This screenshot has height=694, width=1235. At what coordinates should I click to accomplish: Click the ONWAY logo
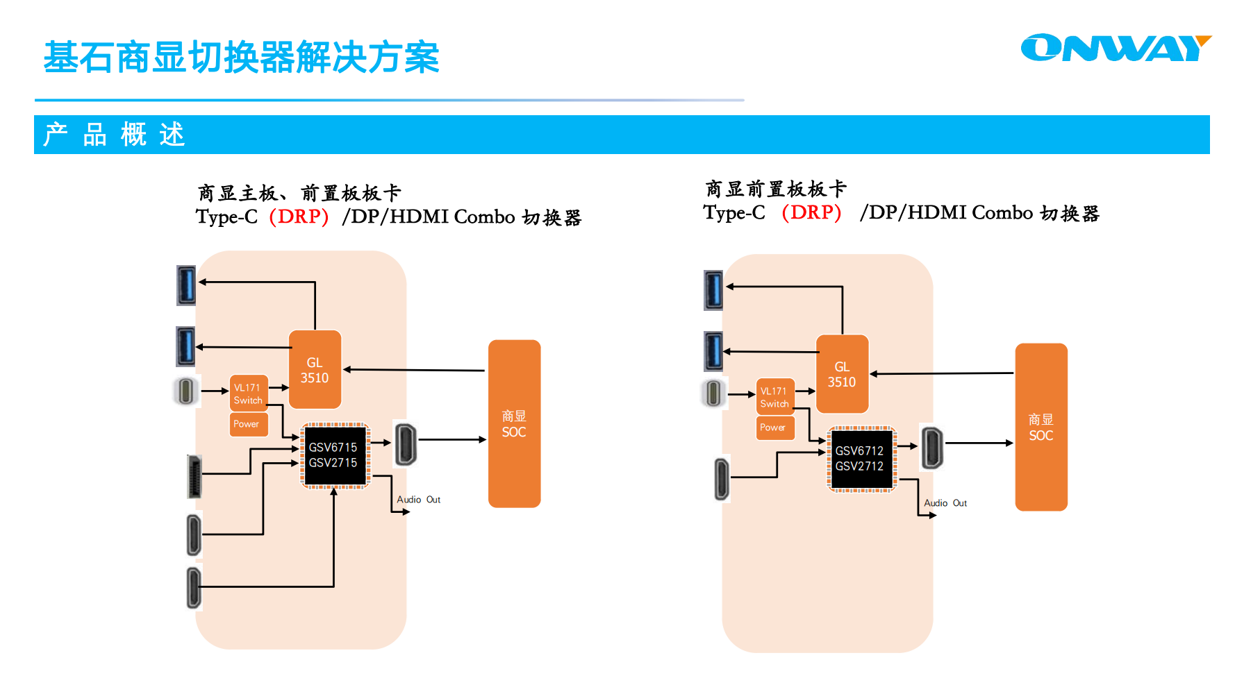coord(1116,49)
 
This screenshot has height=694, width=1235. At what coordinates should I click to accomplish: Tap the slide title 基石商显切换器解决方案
coord(241,57)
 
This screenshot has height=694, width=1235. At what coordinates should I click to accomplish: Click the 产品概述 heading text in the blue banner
coord(115,135)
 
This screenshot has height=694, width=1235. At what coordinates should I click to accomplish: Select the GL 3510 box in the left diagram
coord(315,370)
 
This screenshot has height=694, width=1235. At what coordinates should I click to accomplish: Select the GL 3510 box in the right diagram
coord(842,374)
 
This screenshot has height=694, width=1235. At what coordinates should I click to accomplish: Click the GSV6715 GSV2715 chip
coord(333,455)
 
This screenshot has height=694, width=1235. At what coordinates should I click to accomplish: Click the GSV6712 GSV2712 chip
coord(860,459)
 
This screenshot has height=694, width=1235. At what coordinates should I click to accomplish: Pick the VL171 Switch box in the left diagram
coord(248,393)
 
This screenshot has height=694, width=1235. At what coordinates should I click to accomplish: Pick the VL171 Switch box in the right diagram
coord(774,397)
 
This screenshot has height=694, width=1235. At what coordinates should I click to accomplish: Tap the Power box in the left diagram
coord(247,424)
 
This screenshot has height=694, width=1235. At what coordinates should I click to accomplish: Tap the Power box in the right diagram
coord(774,428)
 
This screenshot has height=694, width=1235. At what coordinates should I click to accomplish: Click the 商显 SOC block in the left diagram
coord(514,423)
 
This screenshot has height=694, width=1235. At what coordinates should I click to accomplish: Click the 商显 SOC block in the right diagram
coord(1041,427)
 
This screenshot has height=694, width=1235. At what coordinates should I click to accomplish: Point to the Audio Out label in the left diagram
coord(418,500)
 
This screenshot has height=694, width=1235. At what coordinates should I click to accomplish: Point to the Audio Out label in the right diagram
coord(945,503)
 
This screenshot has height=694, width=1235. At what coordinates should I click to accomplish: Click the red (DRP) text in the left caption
coord(299,217)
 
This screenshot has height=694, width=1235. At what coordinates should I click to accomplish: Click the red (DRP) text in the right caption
coord(811,212)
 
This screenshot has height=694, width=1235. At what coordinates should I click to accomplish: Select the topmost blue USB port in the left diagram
coord(186,285)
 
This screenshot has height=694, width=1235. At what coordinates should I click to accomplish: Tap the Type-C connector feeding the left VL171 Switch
coord(185,391)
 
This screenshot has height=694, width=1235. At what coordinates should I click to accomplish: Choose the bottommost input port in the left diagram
coord(194,588)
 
